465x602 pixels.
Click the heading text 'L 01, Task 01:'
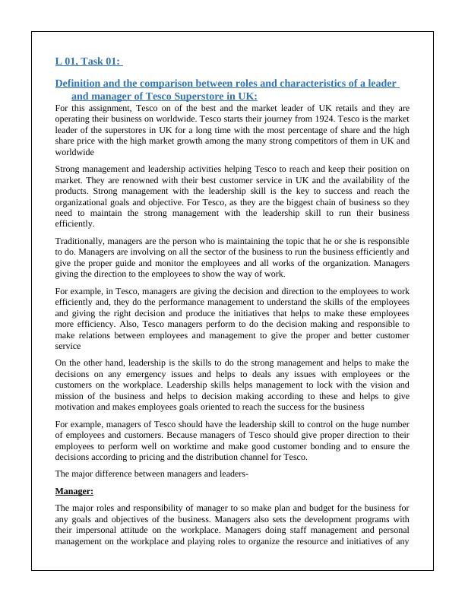[89, 62]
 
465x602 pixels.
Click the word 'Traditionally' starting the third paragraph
[84, 240]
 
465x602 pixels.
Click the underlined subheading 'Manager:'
[74, 491]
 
